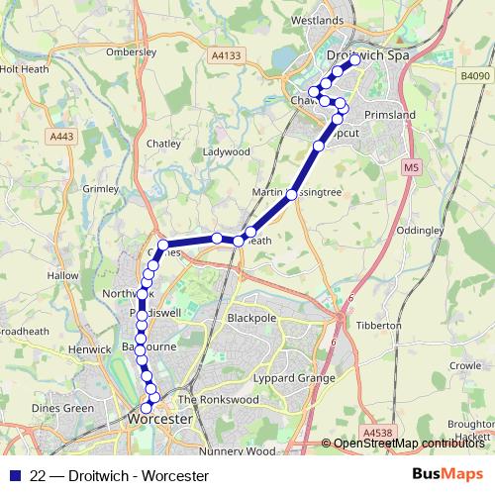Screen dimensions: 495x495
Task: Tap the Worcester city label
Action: [x=159, y=420]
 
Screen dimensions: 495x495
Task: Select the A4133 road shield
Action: [x=226, y=58]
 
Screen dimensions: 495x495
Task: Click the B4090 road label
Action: [x=473, y=75]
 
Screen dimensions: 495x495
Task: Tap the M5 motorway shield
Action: [x=409, y=169]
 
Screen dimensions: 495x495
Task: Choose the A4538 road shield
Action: [x=377, y=433]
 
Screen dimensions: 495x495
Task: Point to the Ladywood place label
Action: [x=227, y=151]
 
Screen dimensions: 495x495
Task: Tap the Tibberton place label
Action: [x=378, y=325]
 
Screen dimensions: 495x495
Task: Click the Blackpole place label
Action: [x=249, y=319]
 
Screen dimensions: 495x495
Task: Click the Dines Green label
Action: [x=62, y=408]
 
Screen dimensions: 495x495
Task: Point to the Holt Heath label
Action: [x=22, y=69]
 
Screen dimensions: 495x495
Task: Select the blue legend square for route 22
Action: [x=14, y=475]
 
